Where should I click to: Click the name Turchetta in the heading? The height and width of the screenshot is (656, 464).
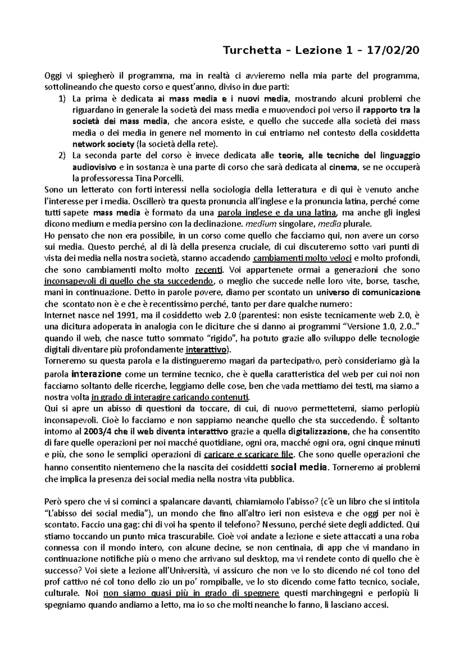point(252,51)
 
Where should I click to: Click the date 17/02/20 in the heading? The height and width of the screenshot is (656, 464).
point(396,51)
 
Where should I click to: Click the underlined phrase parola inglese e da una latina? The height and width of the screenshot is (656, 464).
point(278,213)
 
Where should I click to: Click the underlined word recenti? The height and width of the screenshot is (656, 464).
point(209,270)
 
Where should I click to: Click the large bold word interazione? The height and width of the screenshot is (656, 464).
point(97,374)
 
